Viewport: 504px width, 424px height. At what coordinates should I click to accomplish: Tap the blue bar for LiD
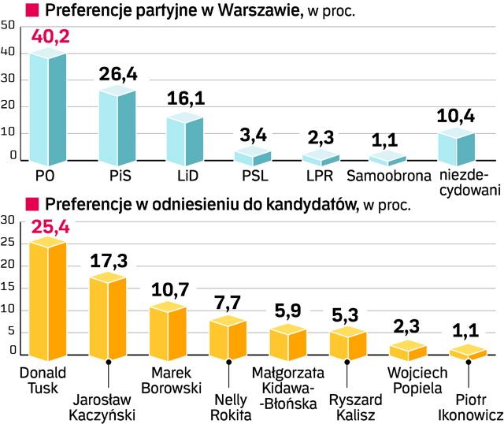click(185, 138)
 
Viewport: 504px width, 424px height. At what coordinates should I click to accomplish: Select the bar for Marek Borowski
click(168, 329)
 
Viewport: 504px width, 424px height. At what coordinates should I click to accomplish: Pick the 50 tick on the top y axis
click(7, 26)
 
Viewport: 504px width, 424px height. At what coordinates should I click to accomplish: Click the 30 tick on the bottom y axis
click(7, 220)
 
